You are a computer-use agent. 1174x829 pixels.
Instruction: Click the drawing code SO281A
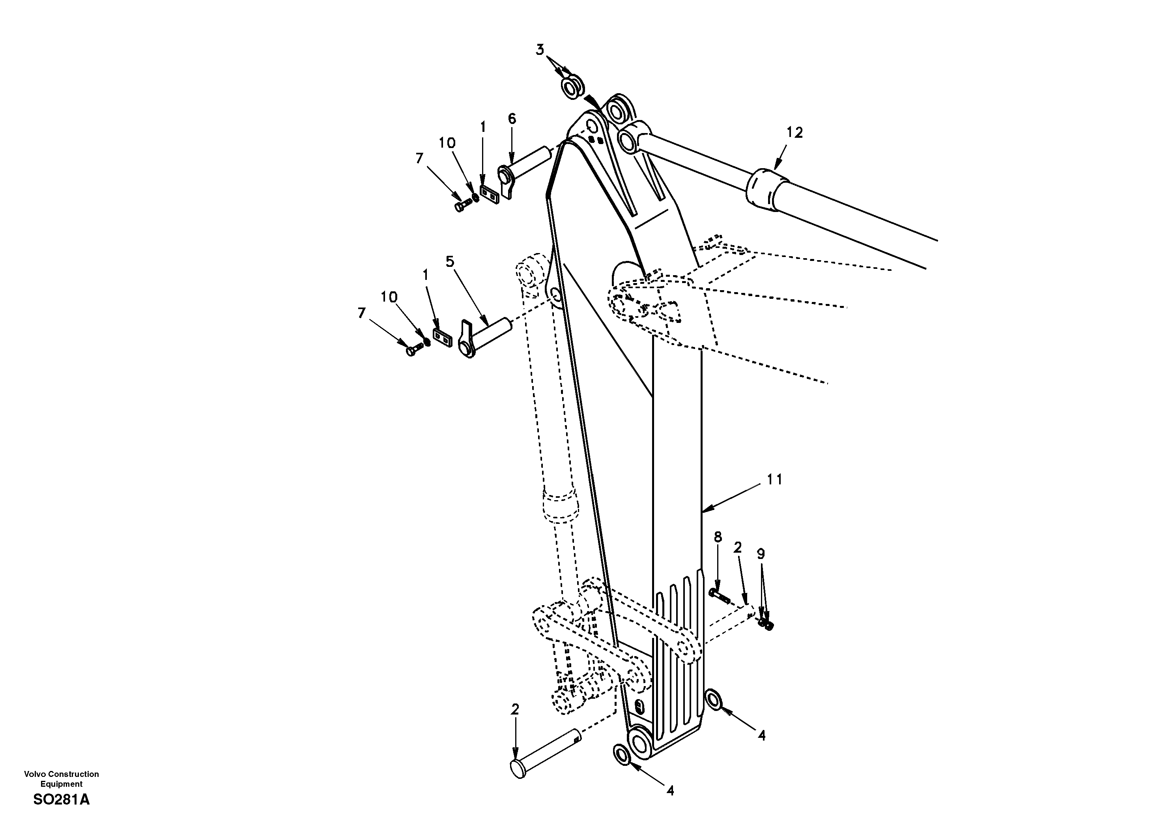click(62, 800)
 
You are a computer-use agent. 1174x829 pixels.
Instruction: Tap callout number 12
click(795, 133)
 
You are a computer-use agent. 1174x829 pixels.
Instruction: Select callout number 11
click(775, 480)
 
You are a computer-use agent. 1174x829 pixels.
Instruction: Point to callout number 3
click(540, 50)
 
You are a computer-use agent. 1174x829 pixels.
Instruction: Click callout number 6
click(512, 119)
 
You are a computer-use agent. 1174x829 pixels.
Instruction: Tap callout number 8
click(718, 537)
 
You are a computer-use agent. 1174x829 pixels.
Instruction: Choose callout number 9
click(761, 554)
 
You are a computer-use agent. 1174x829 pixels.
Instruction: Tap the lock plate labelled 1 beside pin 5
click(443, 337)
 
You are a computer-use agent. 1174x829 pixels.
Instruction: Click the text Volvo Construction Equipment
click(62, 779)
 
